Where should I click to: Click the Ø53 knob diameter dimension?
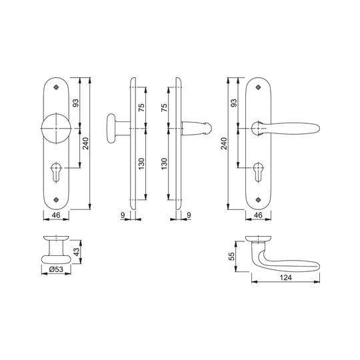[56, 269]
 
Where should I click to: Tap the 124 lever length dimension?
[286, 277]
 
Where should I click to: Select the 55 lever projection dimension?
[233, 256]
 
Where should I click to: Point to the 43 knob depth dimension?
[77, 251]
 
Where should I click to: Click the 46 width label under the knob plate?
[56, 215]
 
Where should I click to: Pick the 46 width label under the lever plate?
[258, 215]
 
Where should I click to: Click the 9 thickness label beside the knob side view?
[123, 215]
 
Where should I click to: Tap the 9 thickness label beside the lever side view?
[189, 215]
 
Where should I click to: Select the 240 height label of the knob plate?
[85, 143]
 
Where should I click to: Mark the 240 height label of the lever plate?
[224, 143]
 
